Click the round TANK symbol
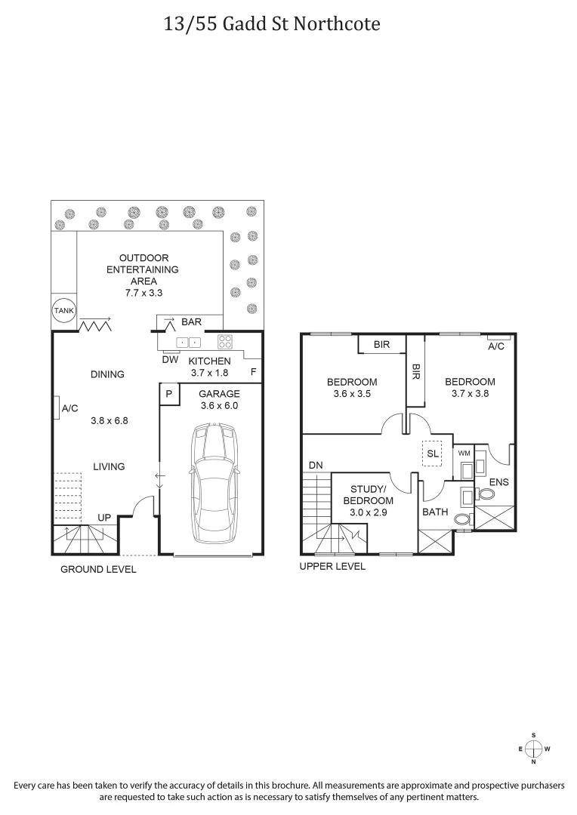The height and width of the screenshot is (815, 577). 62,309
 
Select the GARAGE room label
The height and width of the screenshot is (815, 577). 220,394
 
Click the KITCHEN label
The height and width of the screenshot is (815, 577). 209,361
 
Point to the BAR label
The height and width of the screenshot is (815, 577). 191,322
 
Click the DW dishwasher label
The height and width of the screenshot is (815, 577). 170,359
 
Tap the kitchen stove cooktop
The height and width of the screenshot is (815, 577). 225,340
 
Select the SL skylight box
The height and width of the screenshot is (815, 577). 433,454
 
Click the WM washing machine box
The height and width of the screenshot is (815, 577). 464,453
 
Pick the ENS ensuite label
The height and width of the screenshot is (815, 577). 498,481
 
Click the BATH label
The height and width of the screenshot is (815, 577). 435,512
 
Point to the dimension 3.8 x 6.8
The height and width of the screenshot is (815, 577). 110,421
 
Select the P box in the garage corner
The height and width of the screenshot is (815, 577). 169,394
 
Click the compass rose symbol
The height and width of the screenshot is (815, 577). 533,749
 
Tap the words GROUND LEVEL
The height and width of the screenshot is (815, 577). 98,569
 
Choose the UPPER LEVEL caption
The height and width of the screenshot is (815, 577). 332,566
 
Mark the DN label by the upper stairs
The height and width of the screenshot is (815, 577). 316,466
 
